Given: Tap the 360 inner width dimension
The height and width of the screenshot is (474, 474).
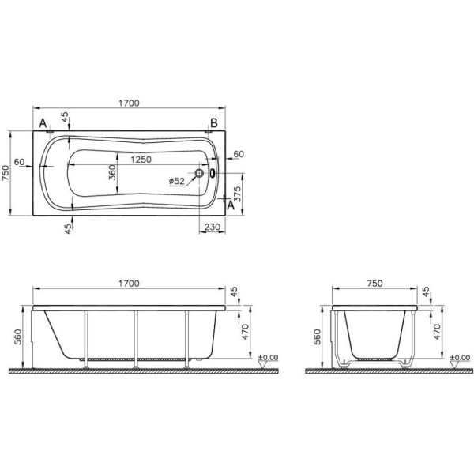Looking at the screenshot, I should (112, 172).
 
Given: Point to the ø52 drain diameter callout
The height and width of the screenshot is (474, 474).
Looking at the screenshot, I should (176, 182).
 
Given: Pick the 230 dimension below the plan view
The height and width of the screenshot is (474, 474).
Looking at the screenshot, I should (211, 227).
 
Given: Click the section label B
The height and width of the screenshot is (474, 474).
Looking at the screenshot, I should (213, 122).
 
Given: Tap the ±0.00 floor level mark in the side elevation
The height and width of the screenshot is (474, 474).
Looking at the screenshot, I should (268, 358).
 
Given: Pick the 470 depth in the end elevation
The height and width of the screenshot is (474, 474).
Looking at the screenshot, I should (434, 329).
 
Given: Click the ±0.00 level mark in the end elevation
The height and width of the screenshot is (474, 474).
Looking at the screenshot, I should (460, 358).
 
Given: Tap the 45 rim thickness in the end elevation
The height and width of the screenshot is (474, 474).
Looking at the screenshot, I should (428, 294).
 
